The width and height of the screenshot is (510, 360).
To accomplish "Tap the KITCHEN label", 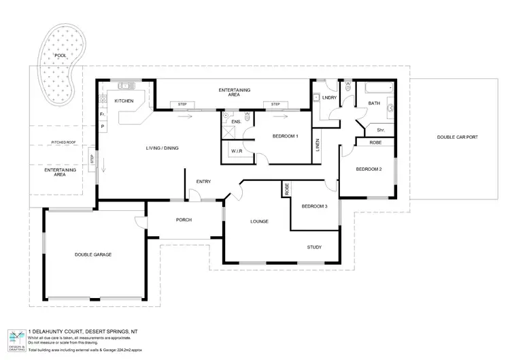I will tap(124, 101).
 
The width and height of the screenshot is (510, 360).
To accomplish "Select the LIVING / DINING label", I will tap(163, 148).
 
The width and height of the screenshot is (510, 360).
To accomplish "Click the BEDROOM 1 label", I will tap(286, 136).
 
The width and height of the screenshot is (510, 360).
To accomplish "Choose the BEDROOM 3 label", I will tap(315, 206).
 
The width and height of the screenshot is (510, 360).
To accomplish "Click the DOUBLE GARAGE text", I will tap(93, 255).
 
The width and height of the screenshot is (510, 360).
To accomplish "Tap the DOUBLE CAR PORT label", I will tap(457, 137).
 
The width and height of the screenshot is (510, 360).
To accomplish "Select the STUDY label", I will tap(314, 247).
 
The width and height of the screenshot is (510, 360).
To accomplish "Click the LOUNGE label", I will tap(258, 221).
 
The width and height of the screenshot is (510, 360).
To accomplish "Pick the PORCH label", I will tap(184, 220).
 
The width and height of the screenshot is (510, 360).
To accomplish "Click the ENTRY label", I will tap(203, 182).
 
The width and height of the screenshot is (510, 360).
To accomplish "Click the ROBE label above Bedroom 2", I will tap(375, 142).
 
